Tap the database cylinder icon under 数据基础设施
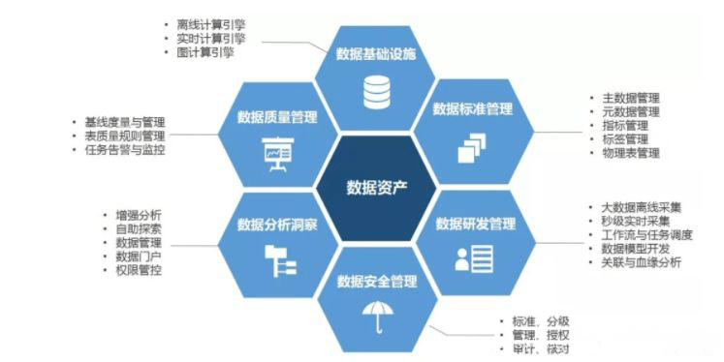(376, 92)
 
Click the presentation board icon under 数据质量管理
(277, 155)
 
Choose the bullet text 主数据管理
(630, 98)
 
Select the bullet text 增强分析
(140, 215)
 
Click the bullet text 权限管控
(140, 270)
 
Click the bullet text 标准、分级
(535, 320)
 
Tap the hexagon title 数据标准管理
(472, 108)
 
